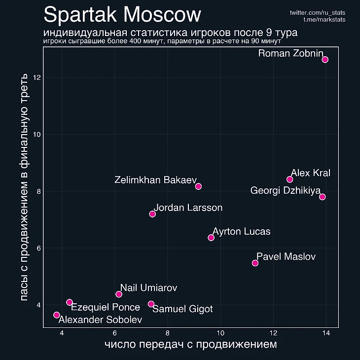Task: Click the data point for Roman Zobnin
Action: point(325,60)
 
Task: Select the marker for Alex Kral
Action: point(290,180)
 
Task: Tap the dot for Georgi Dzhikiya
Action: point(323,197)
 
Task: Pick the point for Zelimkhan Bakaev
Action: point(198,186)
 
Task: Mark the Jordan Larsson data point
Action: point(152,214)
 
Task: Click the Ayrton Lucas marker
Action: point(211,238)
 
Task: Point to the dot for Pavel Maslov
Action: point(255,263)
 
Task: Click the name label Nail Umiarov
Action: point(148,288)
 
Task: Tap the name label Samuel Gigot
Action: point(182,309)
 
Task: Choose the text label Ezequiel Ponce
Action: point(106,308)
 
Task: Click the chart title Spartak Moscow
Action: point(122,15)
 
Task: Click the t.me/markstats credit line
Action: point(324,19)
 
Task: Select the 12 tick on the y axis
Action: point(37,78)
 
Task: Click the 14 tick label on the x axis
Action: point(326,333)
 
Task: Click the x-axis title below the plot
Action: point(191,344)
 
